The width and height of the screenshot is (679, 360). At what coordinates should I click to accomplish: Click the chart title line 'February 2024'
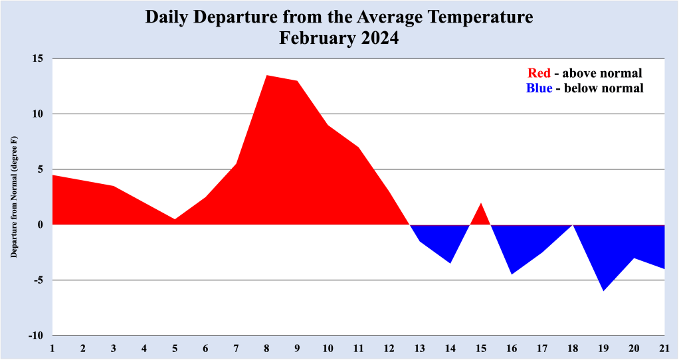(339, 38)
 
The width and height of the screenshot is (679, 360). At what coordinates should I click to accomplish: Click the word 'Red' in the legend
(539, 73)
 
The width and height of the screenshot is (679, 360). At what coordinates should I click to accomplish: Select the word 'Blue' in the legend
(539, 88)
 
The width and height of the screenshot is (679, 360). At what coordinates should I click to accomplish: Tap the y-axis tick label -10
(35, 335)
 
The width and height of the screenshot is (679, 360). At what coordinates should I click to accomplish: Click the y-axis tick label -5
(38, 280)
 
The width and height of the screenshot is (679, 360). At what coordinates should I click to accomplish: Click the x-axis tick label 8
(266, 348)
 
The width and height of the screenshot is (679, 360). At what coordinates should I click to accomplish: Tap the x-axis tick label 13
(420, 348)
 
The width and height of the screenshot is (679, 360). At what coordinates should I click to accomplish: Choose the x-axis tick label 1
(52, 348)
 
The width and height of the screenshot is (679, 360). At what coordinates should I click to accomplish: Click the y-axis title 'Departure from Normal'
(14, 197)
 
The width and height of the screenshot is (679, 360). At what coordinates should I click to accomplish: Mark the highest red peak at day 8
(266, 78)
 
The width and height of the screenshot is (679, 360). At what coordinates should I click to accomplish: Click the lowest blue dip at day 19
(603, 286)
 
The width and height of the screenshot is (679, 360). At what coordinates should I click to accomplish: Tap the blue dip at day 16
(512, 269)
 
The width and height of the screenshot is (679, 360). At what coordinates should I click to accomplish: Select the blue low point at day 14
(450, 259)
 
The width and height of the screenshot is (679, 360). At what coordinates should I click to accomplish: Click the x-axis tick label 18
(573, 348)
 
